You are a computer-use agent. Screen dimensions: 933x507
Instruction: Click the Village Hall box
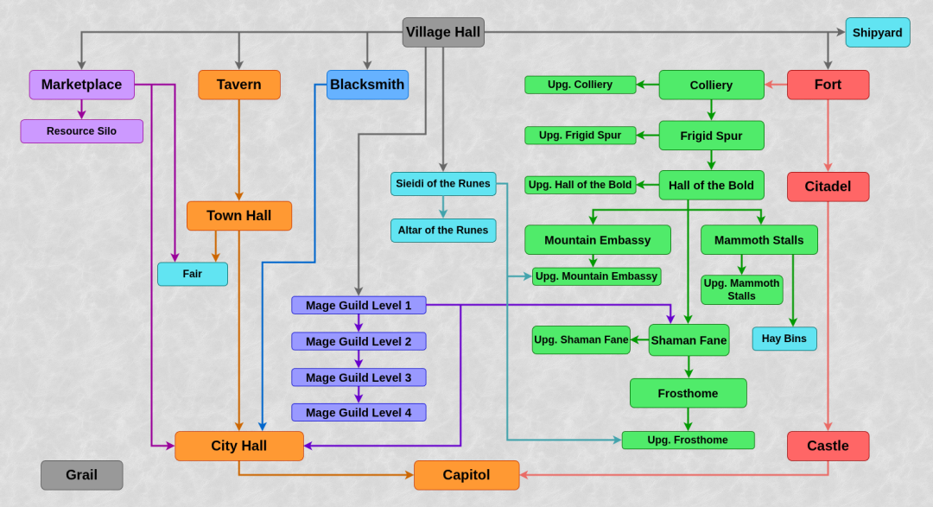pyautogui.click(x=443, y=32)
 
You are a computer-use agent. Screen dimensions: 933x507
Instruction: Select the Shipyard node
pyautogui.click(x=878, y=33)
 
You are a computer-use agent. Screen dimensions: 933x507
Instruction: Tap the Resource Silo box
pyautogui.click(x=81, y=131)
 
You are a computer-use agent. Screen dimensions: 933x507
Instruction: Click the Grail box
pyautogui.click(x=81, y=475)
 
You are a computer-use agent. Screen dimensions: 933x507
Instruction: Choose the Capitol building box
pyautogui.click(x=466, y=475)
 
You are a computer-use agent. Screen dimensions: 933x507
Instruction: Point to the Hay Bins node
pyautogui.click(x=784, y=339)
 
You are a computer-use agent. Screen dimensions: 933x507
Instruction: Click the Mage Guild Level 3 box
pyautogui.click(x=359, y=377)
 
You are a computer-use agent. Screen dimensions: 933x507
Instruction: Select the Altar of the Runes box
pyautogui.click(x=443, y=231)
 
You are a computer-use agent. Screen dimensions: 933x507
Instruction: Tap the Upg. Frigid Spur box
pyautogui.click(x=581, y=135)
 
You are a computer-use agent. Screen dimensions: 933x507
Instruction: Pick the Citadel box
pyautogui.click(x=828, y=187)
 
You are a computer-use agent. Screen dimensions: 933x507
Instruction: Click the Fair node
pyautogui.click(x=192, y=274)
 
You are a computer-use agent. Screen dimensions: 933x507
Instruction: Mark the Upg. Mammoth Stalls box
pyautogui.click(x=741, y=290)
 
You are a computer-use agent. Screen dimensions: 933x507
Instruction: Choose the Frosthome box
pyautogui.click(x=689, y=393)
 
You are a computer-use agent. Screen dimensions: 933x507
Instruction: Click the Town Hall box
pyautogui.click(x=239, y=215)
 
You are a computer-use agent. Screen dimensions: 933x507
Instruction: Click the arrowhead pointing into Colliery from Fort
pyautogui.click(x=769, y=85)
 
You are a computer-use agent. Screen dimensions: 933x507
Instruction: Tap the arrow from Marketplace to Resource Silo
pyautogui.click(x=81, y=110)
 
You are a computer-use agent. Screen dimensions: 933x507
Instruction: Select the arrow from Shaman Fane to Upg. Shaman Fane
pyautogui.click(x=639, y=339)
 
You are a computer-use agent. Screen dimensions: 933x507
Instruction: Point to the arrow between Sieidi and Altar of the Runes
pyautogui.click(x=443, y=207)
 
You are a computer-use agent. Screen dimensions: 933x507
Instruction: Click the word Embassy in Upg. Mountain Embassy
pyautogui.click(x=633, y=276)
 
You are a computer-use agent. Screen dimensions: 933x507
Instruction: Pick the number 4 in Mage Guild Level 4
pyautogui.click(x=408, y=412)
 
